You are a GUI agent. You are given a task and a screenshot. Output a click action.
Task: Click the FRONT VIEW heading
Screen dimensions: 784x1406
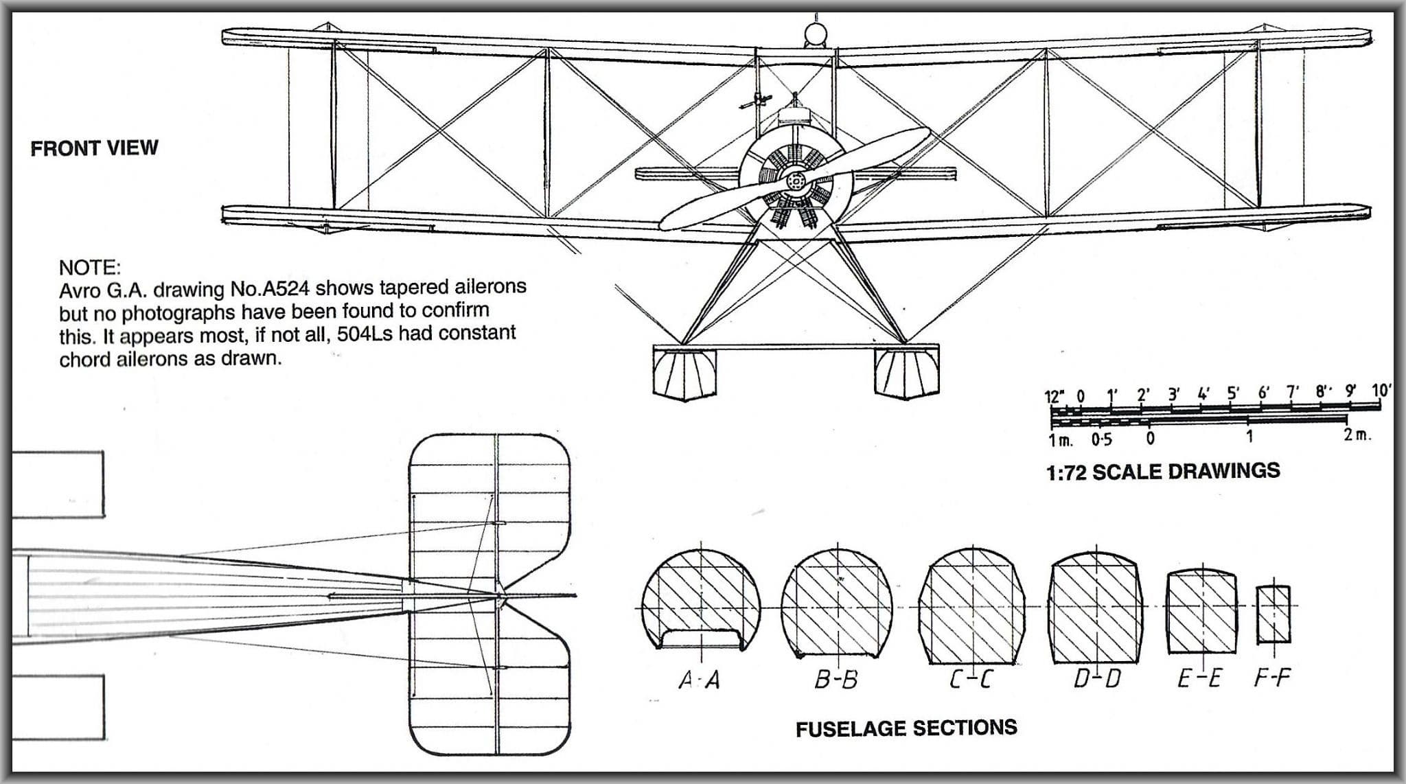click(94, 148)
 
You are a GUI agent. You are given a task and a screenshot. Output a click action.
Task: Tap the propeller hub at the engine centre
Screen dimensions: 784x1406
click(796, 181)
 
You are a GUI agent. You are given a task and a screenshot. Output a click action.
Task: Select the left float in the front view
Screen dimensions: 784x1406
click(685, 374)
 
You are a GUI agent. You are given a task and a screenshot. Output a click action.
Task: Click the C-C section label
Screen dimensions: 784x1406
click(971, 680)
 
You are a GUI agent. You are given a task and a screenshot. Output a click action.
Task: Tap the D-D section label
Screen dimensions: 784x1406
click(1097, 679)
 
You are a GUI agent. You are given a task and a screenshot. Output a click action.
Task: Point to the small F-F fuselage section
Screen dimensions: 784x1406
click(1274, 614)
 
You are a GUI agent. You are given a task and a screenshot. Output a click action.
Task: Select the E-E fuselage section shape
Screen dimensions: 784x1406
click(1201, 611)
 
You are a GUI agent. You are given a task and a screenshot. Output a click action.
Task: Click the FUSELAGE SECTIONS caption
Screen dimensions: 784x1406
click(906, 728)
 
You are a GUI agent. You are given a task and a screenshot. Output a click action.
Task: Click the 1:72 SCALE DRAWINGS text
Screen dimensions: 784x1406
click(1163, 472)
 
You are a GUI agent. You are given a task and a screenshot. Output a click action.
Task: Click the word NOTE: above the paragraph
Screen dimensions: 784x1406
click(89, 267)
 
